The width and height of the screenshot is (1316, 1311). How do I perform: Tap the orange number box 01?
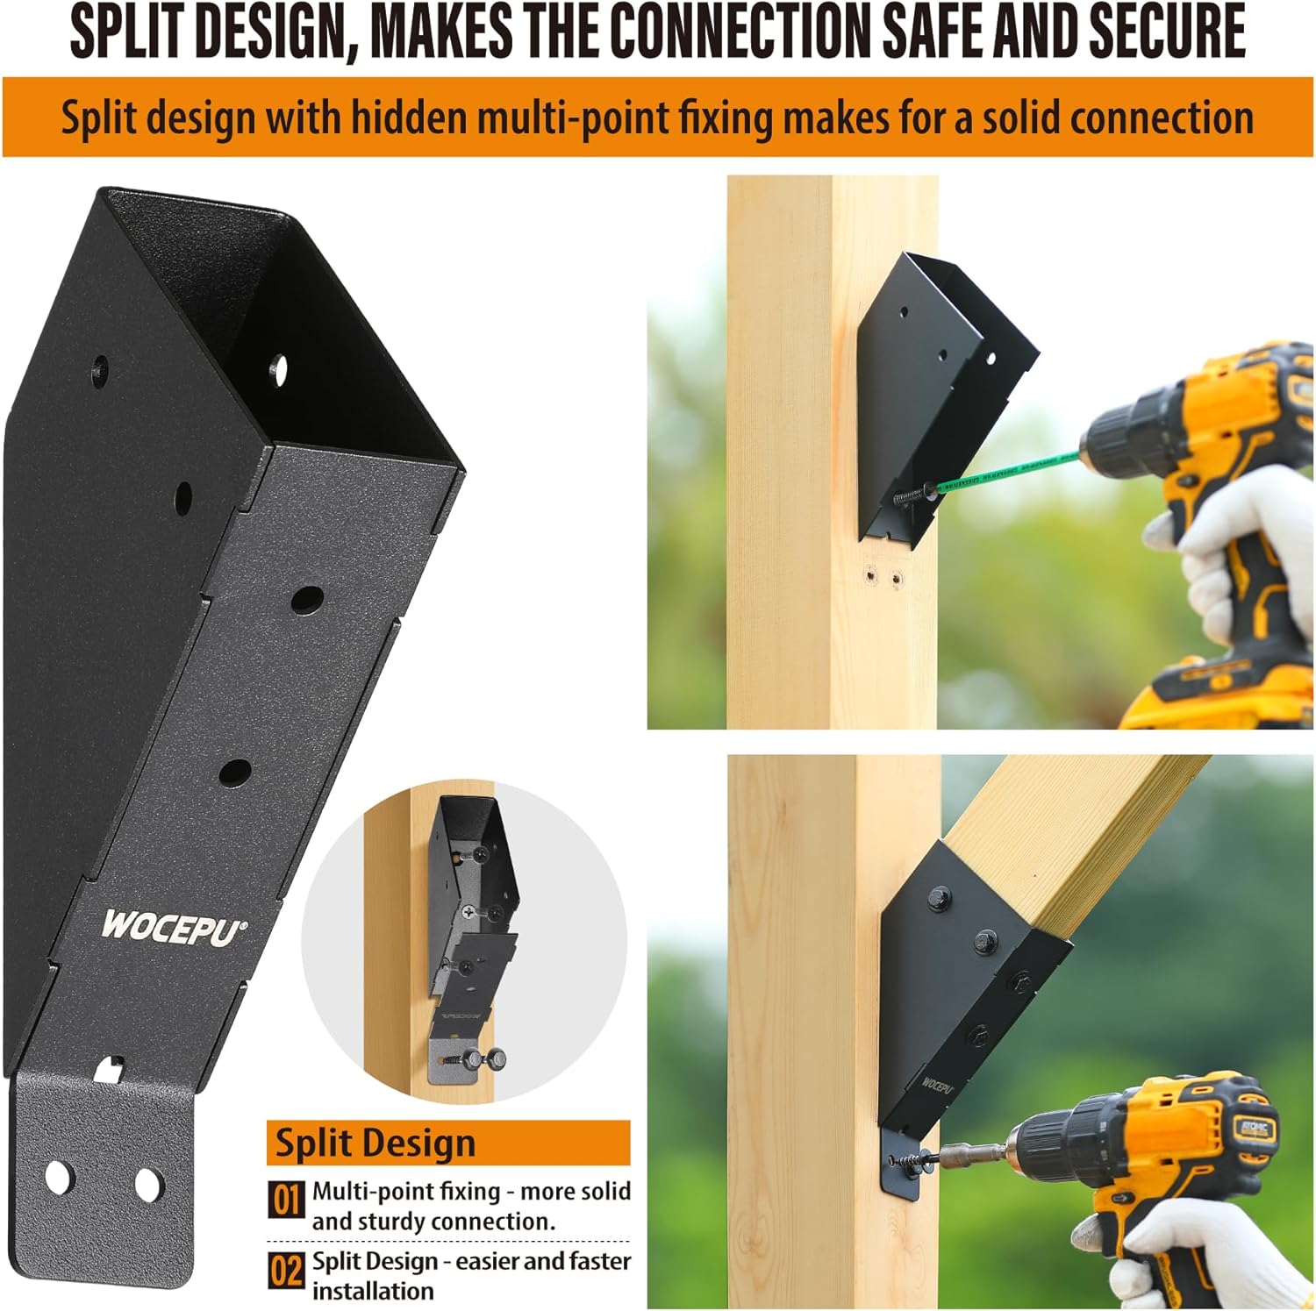(x=286, y=1200)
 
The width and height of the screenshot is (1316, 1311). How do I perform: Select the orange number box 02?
(x=286, y=1269)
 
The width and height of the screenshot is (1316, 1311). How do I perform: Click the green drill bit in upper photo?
(x=1009, y=470)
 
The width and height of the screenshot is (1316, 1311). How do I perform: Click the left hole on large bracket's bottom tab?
(x=60, y=1176)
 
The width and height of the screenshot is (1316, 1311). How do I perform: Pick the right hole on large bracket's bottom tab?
(x=148, y=1186)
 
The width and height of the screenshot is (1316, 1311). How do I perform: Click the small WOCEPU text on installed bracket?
(x=937, y=1086)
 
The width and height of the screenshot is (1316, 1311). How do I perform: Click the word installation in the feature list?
(x=373, y=1291)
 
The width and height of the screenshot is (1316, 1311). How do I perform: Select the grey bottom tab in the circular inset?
(x=453, y=1057)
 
